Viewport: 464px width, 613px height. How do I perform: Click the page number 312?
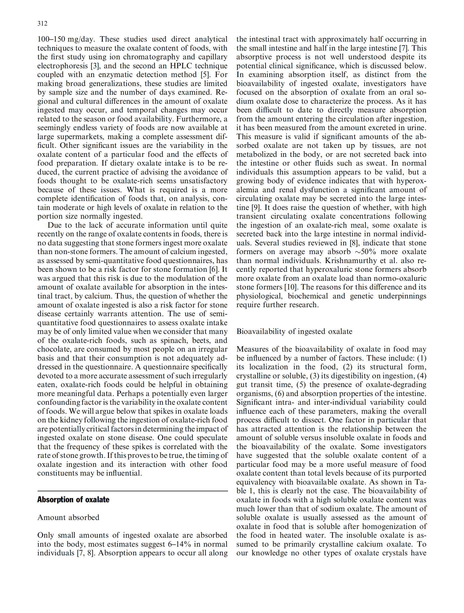[42, 23]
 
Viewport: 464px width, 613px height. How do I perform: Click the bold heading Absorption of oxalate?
[73, 499]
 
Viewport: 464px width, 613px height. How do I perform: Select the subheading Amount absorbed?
[68, 517]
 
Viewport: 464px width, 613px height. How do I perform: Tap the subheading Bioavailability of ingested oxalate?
[294, 331]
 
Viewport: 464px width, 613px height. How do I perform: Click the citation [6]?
[214, 269]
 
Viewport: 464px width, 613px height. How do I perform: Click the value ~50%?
[364, 252]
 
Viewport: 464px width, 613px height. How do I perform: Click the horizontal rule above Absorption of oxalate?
[132, 491]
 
